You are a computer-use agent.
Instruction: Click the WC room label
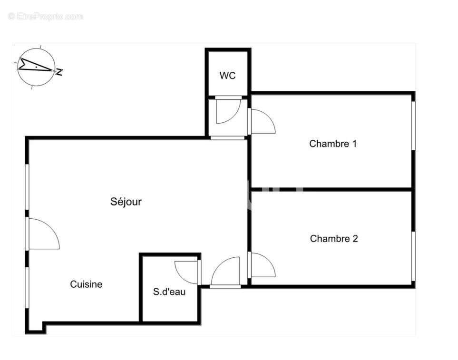[x=227, y=76]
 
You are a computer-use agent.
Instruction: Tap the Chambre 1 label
[x=332, y=144]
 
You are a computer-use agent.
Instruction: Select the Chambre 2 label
[x=333, y=239]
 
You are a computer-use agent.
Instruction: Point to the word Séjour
[x=126, y=202]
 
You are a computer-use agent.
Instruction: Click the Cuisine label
[x=86, y=284]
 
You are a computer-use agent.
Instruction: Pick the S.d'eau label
[x=169, y=292]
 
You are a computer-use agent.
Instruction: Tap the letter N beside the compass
[x=60, y=72]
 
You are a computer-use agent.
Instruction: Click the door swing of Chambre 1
[x=263, y=122]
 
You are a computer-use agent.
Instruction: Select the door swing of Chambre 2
[x=263, y=265]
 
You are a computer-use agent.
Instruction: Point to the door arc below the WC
[x=225, y=111]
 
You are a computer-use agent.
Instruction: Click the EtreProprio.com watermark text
[x=46, y=17]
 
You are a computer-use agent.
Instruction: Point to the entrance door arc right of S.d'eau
[x=225, y=272]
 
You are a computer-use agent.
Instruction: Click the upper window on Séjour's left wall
[x=27, y=188]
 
